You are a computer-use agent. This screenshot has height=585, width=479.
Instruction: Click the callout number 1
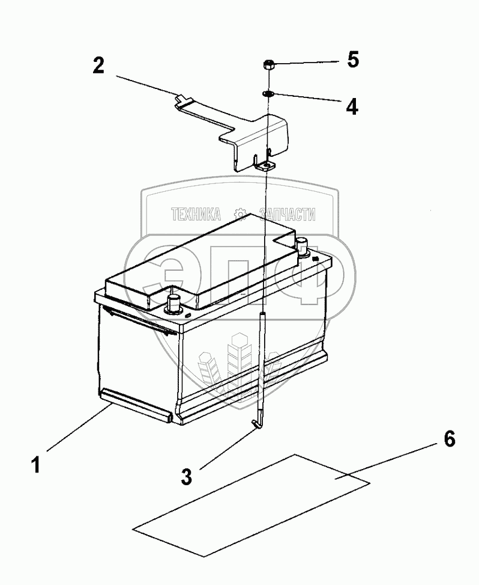pyautogui.click(x=37, y=465)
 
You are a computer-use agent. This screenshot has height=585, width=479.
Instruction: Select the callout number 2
pyautogui.click(x=98, y=66)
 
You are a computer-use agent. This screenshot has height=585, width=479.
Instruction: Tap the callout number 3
pyautogui.click(x=187, y=476)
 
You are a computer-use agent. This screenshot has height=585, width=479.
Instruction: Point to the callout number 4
pyautogui.click(x=352, y=106)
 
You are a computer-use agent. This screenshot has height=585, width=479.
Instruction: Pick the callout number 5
pyautogui.click(x=352, y=60)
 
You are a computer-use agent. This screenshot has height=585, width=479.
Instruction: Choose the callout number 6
pyautogui.click(x=449, y=439)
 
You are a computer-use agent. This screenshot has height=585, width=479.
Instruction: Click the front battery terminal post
pyautogui.click(x=173, y=302)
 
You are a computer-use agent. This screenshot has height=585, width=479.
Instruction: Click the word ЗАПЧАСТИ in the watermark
pyautogui.click(x=287, y=214)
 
